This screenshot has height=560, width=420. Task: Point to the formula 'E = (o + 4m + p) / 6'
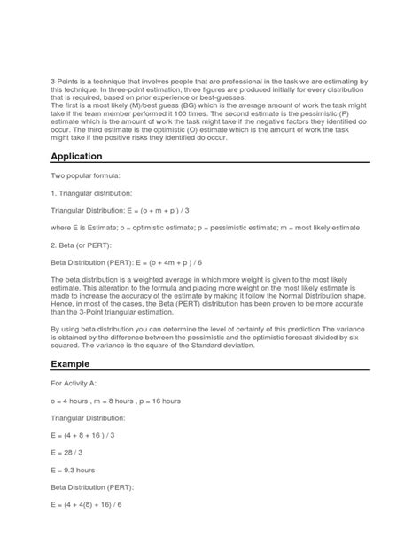(x=179, y=262)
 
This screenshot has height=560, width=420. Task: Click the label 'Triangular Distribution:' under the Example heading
(x=86, y=417)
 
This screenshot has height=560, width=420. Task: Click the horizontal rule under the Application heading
(x=209, y=164)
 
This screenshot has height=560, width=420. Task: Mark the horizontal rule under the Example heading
(x=209, y=373)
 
